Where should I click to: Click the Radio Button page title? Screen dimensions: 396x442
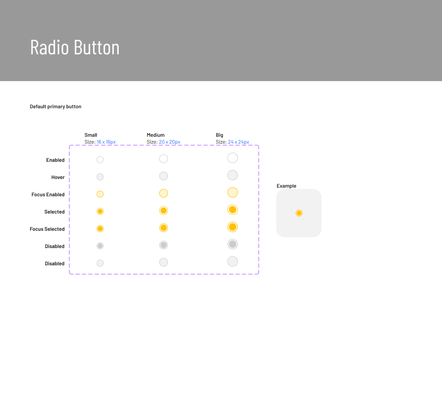pos(75,47)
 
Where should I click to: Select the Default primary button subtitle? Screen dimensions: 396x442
pos(55,107)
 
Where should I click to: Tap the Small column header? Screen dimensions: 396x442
pos(91,135)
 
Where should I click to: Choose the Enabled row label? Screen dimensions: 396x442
pos(55,160)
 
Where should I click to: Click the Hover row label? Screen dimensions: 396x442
pos(58,177)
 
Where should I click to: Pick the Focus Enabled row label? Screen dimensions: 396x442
pos(48,195)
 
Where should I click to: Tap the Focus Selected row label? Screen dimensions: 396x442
pos(47,229)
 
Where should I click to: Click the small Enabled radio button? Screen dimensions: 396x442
pos(100,160)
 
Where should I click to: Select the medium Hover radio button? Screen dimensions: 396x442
pos(164,176)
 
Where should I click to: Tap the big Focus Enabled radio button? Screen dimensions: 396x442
pos(233,192)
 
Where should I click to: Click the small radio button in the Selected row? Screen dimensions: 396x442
pos(100,211)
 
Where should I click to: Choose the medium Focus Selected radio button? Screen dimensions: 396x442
pos(164,228)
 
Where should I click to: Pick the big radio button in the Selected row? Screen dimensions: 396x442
pos(233,210)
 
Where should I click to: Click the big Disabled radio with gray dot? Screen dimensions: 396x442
pos(233,244)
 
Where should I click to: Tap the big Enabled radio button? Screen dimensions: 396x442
pos(233,158)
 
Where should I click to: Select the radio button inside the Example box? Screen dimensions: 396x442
pos(299,213)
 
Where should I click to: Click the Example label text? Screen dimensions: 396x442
pos(287,186)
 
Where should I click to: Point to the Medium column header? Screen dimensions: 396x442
pos(155,135)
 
